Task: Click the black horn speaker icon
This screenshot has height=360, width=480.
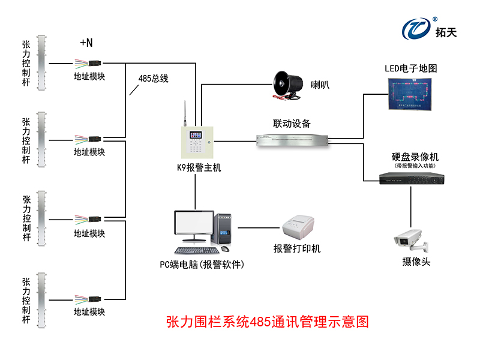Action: (287, 85)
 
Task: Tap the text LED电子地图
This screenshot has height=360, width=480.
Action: (411, 68)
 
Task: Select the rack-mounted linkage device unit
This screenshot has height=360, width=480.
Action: (292, 140)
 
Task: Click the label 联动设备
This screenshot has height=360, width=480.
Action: (292, 124)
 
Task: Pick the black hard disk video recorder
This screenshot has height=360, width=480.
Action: (411, 179)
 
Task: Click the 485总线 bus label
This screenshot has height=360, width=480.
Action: (153, 79)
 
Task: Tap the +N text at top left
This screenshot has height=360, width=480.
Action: (86, 43)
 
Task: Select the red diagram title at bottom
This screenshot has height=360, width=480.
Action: (266, 322)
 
